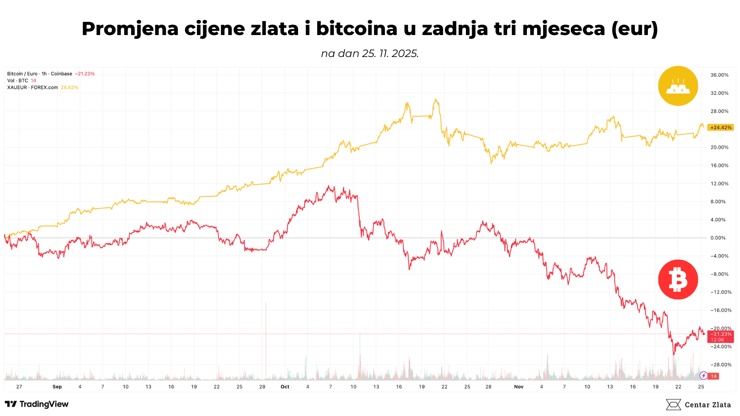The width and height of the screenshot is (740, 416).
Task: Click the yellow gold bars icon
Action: coord(678,86)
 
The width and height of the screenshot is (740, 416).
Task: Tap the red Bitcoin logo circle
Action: coord(678,280)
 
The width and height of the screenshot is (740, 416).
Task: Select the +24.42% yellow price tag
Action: coord(720,127)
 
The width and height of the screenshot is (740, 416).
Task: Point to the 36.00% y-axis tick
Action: coord(720,75)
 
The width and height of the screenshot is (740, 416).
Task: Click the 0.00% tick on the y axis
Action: coord(718,238)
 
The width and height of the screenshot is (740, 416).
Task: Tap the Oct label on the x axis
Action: coord(285,387)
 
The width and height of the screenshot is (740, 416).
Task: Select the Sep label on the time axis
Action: coord(57,387)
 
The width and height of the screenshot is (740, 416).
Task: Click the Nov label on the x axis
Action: coord(519,387)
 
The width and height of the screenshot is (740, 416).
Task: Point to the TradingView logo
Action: coord(37,404)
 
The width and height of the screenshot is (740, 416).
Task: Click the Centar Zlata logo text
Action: coord(707,405)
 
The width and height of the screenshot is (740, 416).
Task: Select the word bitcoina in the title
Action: coord(357,29)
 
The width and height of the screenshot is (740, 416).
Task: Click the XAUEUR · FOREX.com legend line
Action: coord(32,87)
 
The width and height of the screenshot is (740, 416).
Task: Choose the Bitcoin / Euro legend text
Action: coord(40,74)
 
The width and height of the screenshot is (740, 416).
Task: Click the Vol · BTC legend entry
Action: coord(18,81)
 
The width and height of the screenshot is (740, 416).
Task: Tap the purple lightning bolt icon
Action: coord(703,376)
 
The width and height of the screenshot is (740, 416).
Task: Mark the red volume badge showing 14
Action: coord(714,376)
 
